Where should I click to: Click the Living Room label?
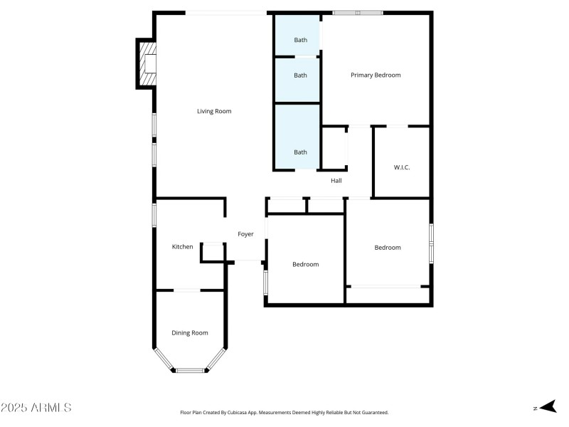coord(214,111)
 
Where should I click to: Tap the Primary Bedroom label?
coord(376,75)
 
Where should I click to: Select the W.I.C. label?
coord(402,167)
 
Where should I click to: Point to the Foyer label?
coord(245,234)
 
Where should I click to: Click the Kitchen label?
coord(183,247)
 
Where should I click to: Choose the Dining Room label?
coord(190,332)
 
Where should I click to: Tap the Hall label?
coord(336,181)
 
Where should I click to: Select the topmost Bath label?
coord(301,40)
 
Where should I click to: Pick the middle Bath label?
coord(301,75)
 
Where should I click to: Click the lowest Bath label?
coord(301,152)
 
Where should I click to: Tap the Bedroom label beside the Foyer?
coord(306,264)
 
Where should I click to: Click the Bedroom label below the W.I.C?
coord(388,248)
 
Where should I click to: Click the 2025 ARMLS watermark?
coord(36,408)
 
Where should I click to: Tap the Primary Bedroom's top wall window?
coord(358,13)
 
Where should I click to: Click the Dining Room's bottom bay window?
coord(190,370)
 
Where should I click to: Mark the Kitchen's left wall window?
coord(154,215)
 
